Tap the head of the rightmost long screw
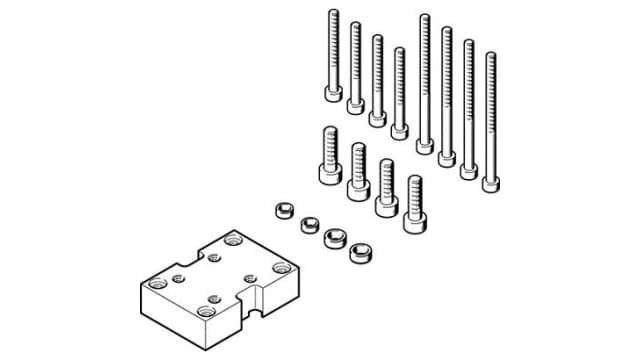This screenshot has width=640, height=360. (490, 183)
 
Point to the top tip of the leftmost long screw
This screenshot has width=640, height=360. (333, 12)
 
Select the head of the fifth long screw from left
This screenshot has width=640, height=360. (425, 146)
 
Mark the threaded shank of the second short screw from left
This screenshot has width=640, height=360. (357, 159)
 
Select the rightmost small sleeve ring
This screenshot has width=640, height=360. (359, 252)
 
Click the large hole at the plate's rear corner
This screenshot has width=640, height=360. (233, 240)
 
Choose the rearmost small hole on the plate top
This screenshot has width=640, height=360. (214, 257)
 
